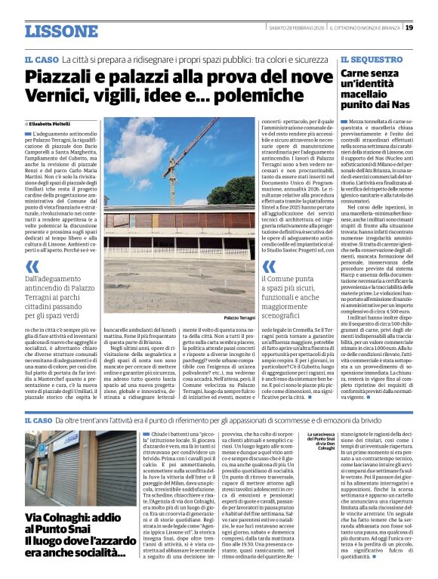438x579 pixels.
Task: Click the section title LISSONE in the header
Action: point(61,31)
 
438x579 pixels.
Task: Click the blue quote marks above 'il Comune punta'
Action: point(267,266)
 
